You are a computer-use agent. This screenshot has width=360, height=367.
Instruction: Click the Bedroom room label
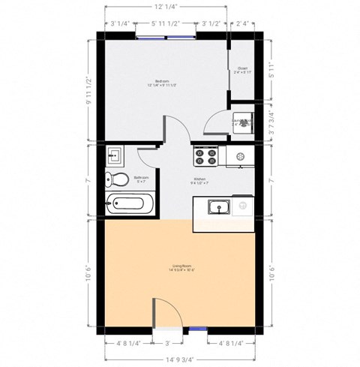tap(162, 80)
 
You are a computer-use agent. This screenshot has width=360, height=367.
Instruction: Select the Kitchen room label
tap(199, 179)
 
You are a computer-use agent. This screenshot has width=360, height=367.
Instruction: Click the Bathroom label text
tap(141, 178)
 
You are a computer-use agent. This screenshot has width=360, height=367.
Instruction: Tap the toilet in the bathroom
tap(115, 179)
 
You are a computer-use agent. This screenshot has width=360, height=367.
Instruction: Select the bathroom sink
tap(114, 155)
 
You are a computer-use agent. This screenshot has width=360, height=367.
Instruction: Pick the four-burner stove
tap(204, 156)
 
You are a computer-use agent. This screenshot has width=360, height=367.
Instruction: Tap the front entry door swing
tap(165, 311)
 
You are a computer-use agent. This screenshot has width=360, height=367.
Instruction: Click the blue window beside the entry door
tap(196, 328)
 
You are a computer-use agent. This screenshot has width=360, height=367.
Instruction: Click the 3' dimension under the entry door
tap(167, 343)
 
